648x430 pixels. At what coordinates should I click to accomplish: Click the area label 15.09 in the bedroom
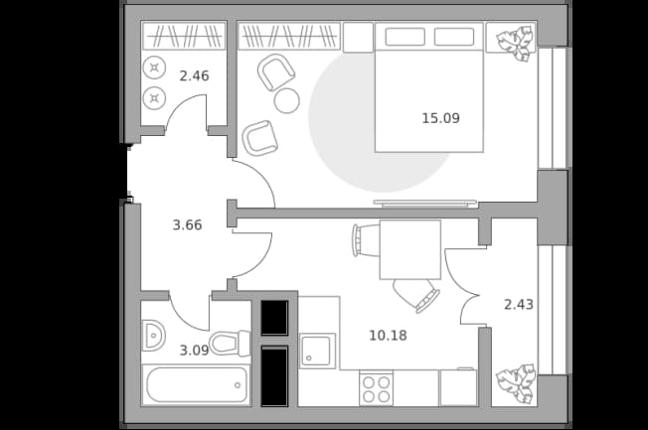(x=440, y=118)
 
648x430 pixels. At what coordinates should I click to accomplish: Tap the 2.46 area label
(x=194, y=75)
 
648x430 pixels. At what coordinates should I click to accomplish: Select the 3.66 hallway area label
(x=187, y=225)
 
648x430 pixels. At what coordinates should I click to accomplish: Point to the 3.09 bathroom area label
(x=194, y=351)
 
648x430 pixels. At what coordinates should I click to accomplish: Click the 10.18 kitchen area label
(x=388, y=336)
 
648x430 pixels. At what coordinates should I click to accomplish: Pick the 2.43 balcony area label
(x=519, y=305)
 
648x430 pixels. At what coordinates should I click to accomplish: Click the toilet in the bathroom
(x=230, y=343)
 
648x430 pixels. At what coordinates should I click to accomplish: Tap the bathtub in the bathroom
(x=197, y=384)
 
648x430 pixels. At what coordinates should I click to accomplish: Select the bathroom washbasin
(x=153, y=336)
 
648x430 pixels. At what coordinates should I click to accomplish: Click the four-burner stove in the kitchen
(x=376, y=388)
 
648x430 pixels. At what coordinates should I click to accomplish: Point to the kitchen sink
(x=317, y=352)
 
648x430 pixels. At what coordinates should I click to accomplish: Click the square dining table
(x=410, y=249)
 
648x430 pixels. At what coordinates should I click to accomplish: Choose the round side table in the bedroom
(x=287, y=100)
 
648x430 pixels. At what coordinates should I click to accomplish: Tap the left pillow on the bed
(x=405, y=37)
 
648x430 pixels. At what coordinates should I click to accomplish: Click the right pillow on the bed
(x=454, y=37)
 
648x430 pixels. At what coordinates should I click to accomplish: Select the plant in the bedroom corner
(x=514, y=43)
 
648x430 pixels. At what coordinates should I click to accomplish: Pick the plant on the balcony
(x=516, y=383)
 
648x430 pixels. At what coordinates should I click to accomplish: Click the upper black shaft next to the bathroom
(x=274, y=318)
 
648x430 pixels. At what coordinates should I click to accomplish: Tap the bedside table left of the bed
(x=359, y=38)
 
